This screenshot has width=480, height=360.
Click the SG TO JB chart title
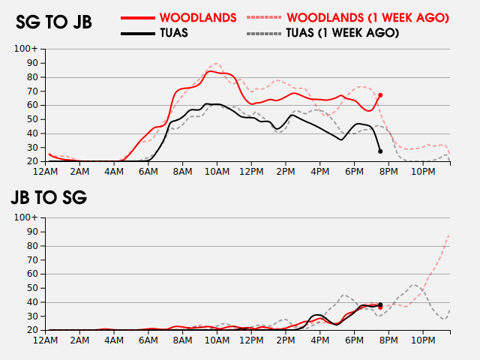54,22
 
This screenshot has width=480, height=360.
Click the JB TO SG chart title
49,198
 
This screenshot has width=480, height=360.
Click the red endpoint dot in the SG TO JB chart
380,95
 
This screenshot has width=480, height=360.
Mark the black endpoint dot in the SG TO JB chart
380,151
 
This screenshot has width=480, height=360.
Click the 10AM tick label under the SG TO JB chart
217,171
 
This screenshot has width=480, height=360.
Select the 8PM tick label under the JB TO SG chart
388,340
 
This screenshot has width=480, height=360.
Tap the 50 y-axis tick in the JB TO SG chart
33,288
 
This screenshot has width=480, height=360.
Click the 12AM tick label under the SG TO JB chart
46,171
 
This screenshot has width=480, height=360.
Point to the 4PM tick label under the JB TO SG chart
319,340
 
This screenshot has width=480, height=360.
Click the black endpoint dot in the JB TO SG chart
380,304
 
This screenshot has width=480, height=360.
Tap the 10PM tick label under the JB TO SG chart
422,340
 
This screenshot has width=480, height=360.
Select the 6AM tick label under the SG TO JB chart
148,171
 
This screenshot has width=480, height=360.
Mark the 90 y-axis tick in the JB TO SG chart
33,232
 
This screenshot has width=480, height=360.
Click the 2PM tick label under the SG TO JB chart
285,171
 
